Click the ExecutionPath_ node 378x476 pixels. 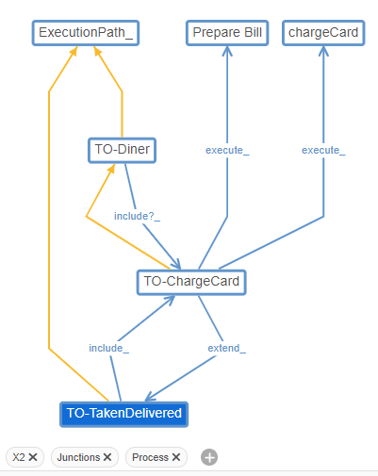click(86, 33)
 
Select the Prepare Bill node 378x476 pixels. click(227, 33)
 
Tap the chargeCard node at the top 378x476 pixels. click(323, 33)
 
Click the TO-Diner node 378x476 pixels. click(122, 150)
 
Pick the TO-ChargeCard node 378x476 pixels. click(191, 282)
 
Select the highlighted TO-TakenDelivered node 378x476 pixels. click(123, 413)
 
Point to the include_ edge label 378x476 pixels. click(109, 348)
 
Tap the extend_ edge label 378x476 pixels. click(226, 348)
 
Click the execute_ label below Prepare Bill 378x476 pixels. click(227, 150)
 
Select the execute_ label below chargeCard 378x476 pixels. click(323, 150)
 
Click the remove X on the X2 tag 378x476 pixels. click(33, 457)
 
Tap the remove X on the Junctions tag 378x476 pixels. click(107, 457)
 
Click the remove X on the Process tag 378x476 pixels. click(176, 457)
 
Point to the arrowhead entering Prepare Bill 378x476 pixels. click(227, 52)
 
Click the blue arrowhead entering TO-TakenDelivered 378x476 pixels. click(151, 398)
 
